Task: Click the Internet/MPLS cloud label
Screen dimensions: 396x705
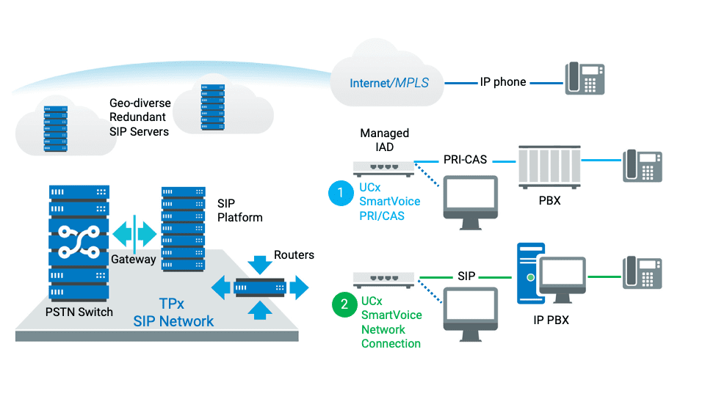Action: coord(388,83)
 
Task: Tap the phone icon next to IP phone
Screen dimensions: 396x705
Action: coord(585,78)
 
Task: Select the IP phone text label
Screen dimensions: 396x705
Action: coord(503,82)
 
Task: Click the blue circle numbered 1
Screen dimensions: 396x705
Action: coord(341,194)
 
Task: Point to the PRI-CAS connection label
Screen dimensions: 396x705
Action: coord(466,159)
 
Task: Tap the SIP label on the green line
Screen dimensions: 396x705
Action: coord(466,276)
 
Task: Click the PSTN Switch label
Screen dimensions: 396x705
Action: coord(79,312)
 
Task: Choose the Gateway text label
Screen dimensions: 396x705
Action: coord(134,259)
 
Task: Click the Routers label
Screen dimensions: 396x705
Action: coord(294,255)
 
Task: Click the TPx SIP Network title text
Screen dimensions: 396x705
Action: coord(173,312)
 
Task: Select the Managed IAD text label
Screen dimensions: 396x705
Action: coord(384,140)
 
